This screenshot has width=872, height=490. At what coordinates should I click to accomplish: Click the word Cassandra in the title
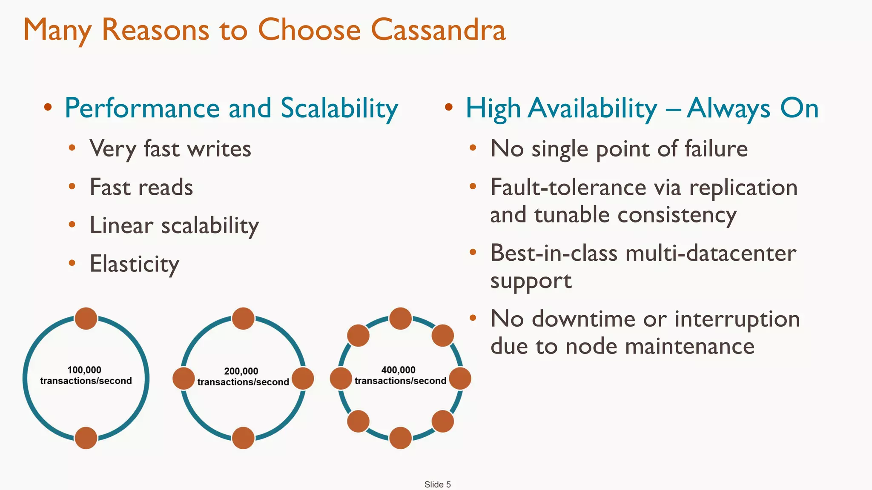click(x=438, y=30)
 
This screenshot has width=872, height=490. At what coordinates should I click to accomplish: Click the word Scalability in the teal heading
click(x=339, y=108)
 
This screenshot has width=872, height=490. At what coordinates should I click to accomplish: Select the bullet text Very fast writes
click(x=170, y=149)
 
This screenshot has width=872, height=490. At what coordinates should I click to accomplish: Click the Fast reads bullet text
click(x=141, y=188)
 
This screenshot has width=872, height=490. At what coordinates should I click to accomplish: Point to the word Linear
click(x=121, y=225)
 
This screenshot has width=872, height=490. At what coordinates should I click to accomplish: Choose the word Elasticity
click(x=135, y=264)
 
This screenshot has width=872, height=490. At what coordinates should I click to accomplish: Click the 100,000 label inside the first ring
click(x=84, y=370)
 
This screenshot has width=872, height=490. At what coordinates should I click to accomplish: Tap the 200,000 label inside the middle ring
click(x=241, y=371)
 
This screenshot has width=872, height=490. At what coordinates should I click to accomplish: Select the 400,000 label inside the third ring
click(x=398, y=370)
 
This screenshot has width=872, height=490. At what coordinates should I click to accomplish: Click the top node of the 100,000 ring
click(x=86, y=319)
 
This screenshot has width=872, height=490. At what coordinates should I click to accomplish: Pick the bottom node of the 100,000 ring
click(x=86, y=438)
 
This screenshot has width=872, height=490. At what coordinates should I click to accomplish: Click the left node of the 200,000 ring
click(x=184, y=379)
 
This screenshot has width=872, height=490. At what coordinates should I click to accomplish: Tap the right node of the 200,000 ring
click(x=303, y=379)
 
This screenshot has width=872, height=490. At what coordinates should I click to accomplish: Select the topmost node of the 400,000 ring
click(x=400, y=319)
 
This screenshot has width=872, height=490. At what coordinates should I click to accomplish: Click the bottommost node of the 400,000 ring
click(x=400, y=438)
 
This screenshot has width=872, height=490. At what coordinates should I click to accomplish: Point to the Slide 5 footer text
click(x=437, y=484)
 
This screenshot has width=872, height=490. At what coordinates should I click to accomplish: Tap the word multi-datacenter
click(x=711, y=254)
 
